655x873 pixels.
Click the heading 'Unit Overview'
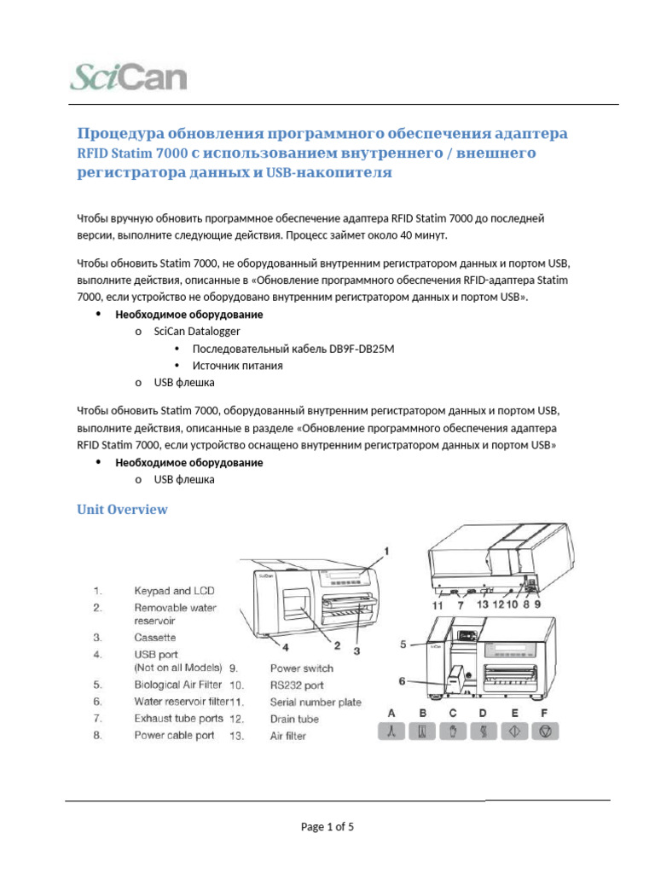click(x=122, y=510)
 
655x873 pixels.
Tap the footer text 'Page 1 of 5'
click(x=327, y=826)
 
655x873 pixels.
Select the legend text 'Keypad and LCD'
click(x=174, y=591)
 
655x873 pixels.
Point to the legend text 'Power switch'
click(x=302, y=668)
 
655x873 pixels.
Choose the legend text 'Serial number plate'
click(x=316, y=702)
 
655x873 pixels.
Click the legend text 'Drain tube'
click(x=294, y=719)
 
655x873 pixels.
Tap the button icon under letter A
click(x=391, y=731)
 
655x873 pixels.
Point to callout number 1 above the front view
click(x=385, y=552)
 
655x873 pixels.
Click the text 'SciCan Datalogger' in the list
click(x=196, y=331)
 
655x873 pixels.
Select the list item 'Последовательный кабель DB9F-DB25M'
click(x=293, y=348)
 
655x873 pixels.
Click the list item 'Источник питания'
click(x=237, y=365)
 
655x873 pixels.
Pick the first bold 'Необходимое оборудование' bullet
click(x=188, y=314)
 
